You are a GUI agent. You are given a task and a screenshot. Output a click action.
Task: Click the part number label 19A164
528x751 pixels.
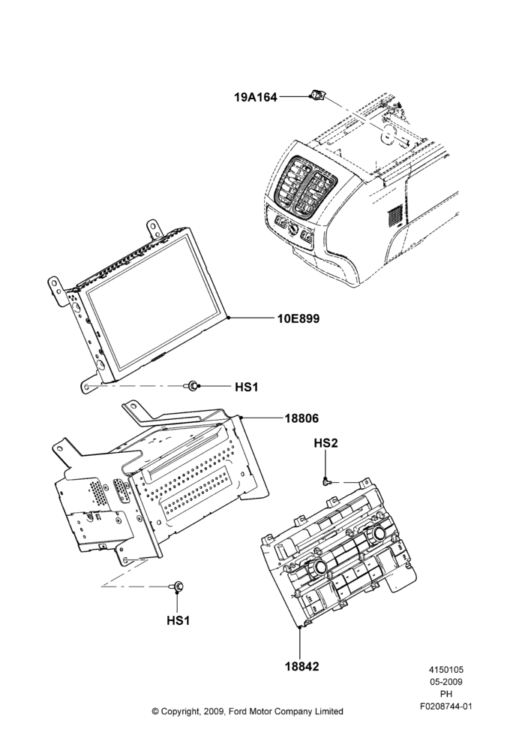click(x=256, y=97)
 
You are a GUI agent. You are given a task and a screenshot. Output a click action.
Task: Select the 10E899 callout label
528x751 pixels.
click(x=298, y=318)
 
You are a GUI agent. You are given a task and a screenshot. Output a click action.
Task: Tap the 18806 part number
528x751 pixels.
click(x=301, y=418)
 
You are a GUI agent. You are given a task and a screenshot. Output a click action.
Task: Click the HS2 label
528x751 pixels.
click(x=325, y=443)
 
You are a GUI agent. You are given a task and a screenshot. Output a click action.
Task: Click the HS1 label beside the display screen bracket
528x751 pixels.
click(x=246, y=387)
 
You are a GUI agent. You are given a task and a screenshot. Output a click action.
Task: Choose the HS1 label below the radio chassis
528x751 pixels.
click(x=178, y=620)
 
